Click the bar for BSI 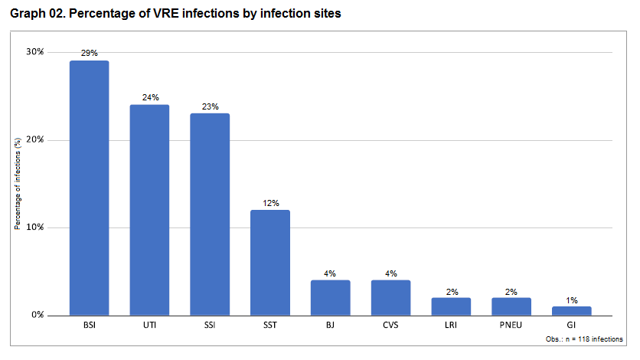click(x=90, y=188)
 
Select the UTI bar click(x=150, y=210)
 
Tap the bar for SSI click(x=210, y=214)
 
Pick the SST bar click(x=270, y=262)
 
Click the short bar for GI click(x=572, y=311)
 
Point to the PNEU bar click(x=511, y=306)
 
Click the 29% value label click(x=90, y=53)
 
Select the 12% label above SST click(x=270, y=202)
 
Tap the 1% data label click(x=572, y=299)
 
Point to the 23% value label click(x=210, y=106)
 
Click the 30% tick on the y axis click(x=35, y=52)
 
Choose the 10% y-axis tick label click(x=35, y=227)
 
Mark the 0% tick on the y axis click(x=38, y=315)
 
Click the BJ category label click(x=331, y=326)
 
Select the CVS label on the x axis click(x=390, y=326)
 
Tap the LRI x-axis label click(x=451, y=326)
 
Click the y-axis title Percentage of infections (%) click(x=17, y=184)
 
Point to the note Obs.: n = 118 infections click(x=584, y=339)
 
